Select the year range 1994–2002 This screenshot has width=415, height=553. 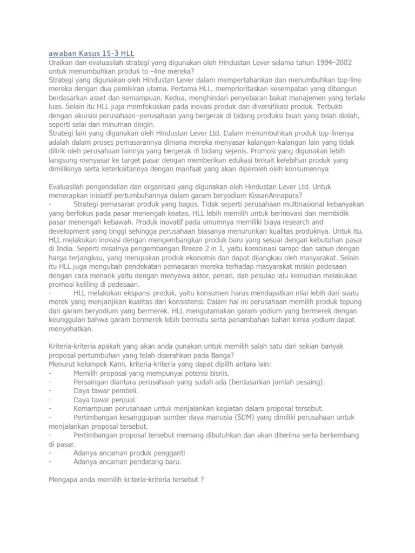tap(335, 63)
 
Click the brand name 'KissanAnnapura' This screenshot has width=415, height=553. tap(277, 195)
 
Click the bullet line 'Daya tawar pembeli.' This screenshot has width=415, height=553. tap(106, 390)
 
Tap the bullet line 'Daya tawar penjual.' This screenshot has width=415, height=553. tap(105, 399)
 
